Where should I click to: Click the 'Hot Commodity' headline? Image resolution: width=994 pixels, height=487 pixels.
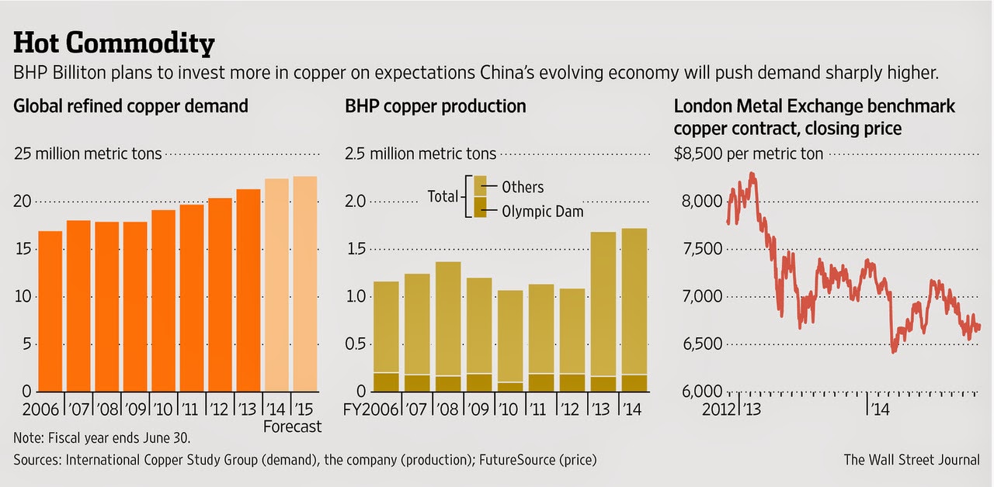pos(114,44)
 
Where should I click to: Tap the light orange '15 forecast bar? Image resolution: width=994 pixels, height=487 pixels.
pos(305,283)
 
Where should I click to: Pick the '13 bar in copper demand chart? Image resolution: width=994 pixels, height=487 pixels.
pos(248,289)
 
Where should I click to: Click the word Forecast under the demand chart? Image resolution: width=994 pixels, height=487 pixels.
pos(292,427)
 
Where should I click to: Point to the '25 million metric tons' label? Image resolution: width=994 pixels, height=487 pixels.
pos(88,154)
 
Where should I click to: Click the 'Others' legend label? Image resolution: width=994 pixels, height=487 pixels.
pos(523,187)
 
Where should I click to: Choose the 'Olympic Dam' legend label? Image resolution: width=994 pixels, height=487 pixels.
pos(542,210)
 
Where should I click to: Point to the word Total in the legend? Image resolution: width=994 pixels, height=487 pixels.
pos(443,196)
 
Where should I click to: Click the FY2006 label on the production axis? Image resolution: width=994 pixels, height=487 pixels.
pos(371,409)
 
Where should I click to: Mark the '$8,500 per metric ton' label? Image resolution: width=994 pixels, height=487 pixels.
pos(748,154)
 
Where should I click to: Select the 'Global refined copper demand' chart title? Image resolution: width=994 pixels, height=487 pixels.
pos(131,106)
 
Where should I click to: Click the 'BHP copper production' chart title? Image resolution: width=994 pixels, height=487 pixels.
pos(436,106)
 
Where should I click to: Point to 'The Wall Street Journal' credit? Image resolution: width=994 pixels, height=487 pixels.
pos(912,460)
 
